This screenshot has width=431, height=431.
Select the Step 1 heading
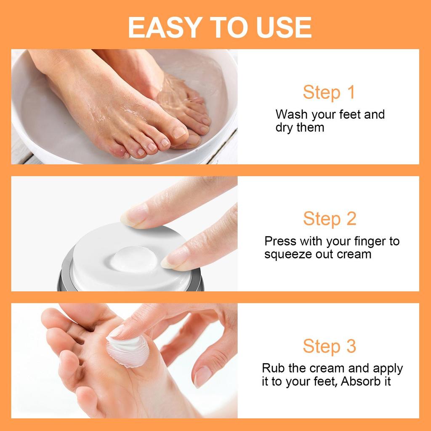(329, 93)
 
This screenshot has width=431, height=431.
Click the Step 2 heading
(330, 219)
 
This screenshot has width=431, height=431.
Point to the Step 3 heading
(330, 346)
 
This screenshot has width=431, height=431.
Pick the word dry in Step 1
(285, 128)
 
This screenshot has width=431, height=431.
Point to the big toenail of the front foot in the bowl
(179, 132)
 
